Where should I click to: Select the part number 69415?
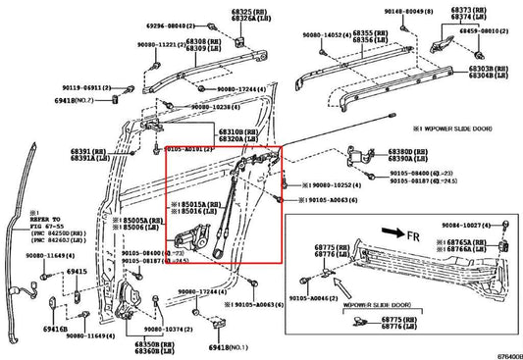tap(78, 269)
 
